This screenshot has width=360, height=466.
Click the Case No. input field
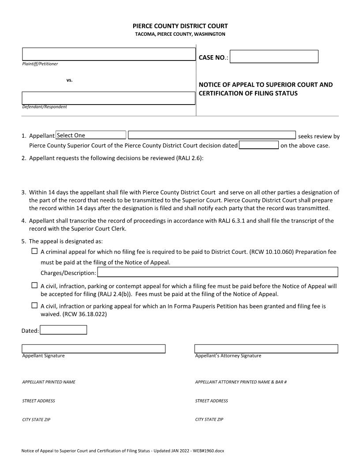click(x=274, y=56)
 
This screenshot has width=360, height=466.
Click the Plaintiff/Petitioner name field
click(x=109, y=54)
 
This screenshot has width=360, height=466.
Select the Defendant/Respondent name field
click(x=109, y=98)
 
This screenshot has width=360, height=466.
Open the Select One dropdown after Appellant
click(x=91, y=135)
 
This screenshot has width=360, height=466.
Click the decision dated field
click(x=259, y=145)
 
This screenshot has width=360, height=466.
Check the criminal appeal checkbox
click(x=34, y=251)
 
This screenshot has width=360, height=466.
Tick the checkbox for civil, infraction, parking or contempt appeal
click(x=34, y=285)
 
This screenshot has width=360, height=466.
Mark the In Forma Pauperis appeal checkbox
click(x=34, y=305)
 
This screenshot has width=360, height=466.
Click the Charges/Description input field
click(x=217, y=272)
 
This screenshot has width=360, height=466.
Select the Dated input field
click(x=64, y=330)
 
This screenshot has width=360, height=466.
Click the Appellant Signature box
click(x=94, y=349)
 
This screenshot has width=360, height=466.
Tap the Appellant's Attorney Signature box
click(x=266, y=349)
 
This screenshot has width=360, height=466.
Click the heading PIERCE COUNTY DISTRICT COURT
click(x=180, y=26)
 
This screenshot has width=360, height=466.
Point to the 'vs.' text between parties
click(x=69, y=80)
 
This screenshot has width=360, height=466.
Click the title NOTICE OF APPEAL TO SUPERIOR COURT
click(x=266, y=84)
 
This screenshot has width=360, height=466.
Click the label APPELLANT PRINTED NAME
click(x=49, y=382)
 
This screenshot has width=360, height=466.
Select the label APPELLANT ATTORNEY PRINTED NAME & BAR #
click(x=241, y=382)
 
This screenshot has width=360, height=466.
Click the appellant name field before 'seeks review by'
click(x=212, y=135)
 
